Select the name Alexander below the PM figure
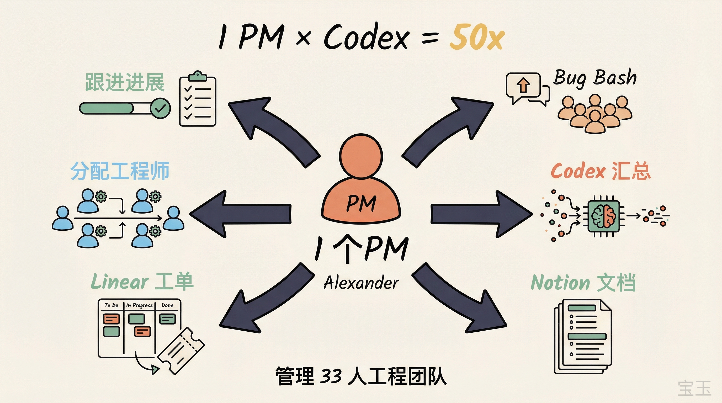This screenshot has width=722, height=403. (361, 283)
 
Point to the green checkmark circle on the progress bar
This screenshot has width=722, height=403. (160, 108)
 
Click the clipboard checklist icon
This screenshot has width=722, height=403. (198, 99)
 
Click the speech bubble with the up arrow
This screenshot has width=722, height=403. (523, 85)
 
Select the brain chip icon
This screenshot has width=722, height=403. (604, 216)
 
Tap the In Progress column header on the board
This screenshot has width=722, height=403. (139, 305)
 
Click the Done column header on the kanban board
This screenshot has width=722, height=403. (167, 305)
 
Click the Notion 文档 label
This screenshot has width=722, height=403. (583, 283)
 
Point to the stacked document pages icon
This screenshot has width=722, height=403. (583, 336)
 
